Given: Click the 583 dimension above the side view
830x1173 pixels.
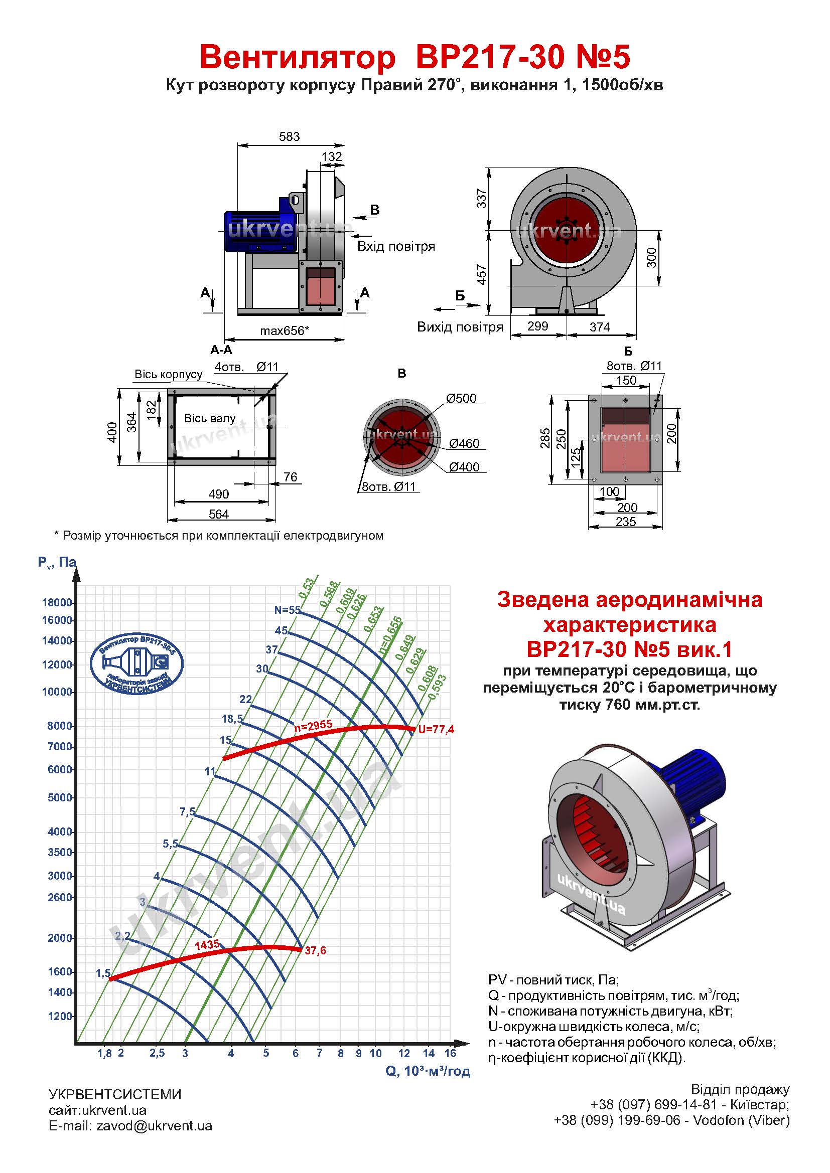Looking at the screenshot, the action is click(289, 136).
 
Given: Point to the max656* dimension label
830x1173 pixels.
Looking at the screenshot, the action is click(285, 330).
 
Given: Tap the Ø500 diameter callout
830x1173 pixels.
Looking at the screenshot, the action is click(461, 398).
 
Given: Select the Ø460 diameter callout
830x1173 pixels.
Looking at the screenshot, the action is click(464, 443).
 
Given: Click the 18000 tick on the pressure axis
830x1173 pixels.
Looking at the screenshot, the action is click(57, 602).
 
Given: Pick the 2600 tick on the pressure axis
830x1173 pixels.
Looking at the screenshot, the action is click(60, 897).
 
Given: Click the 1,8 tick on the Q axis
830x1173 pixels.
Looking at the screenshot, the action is click(104, 1053).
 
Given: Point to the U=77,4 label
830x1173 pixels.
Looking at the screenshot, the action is click(436, 730).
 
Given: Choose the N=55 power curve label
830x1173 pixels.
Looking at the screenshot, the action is click(287, 609).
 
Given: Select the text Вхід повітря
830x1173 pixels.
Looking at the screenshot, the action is click(396, 246).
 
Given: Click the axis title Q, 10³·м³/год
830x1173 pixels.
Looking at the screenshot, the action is click(428, 1071).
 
